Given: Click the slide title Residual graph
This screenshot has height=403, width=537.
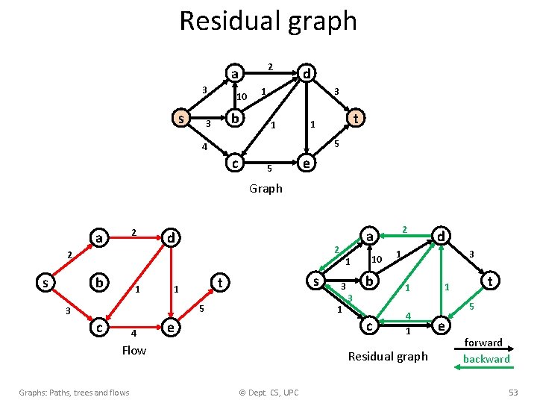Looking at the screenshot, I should tap(268, 21).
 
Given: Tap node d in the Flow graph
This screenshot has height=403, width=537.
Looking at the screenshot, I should tap(172, 237).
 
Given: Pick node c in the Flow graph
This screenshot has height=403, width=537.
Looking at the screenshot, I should tap(97, 327).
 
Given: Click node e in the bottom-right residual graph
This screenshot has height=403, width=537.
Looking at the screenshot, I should tap(441, 326).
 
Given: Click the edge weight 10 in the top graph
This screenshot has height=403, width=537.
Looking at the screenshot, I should tap(241, 97).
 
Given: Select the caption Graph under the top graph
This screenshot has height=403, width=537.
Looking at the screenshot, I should tap(266, 188).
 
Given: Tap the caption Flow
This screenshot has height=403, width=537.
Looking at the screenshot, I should tap(134, 350).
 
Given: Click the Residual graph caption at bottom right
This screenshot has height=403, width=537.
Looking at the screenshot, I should tap(389, 356).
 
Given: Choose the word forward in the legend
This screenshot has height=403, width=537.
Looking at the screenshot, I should tap(483, 343).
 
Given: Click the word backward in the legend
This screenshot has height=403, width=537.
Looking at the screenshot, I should tap(486, 359).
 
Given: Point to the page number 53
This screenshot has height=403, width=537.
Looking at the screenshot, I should tap(512, 393).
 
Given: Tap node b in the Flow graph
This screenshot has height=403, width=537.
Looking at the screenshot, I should tap(98, 283).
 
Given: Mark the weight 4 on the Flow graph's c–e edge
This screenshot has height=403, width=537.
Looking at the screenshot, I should tap(133, 333).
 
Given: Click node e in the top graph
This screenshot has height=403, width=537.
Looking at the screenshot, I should tap(304, 163).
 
